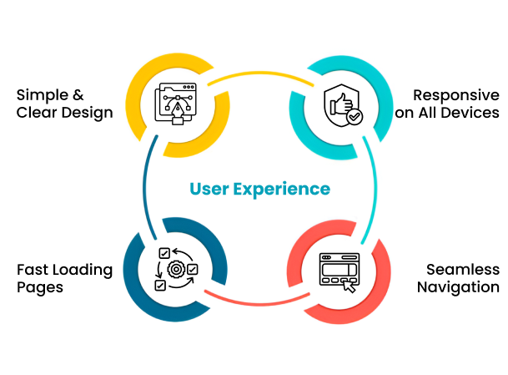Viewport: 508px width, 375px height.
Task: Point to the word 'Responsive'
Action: (456, 94)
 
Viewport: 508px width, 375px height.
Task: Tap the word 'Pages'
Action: (40, 288)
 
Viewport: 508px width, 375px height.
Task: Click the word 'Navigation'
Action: (458, 288)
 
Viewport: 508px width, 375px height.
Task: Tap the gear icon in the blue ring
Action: (176, 269)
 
